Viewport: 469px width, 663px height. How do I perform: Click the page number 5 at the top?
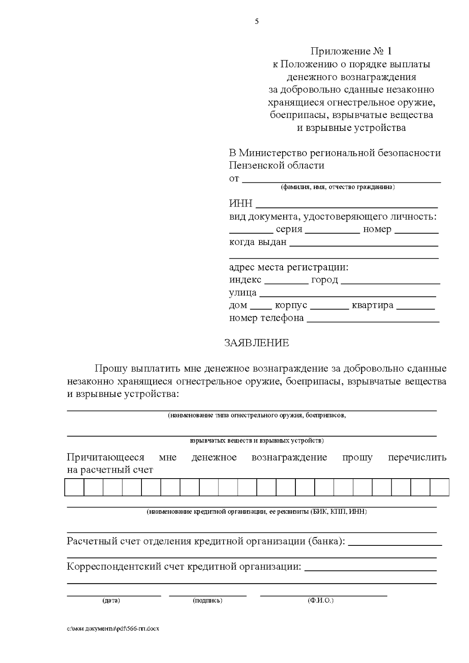click(x=257, y=22)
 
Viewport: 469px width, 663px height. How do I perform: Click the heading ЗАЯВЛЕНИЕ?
click(x=256, y=343)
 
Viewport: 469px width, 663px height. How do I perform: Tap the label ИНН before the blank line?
click(x=240, y=204)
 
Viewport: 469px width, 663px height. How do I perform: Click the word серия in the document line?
click(x=289, y=229)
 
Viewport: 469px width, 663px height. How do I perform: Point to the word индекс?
click(x=245, y=280)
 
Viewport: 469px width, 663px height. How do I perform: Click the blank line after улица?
click(x=347, y=295)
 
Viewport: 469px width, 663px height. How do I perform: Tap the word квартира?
click(x=372, y=305)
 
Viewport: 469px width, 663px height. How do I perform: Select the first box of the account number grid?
click(x=74, y=487)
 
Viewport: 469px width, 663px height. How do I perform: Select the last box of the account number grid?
click(x=439, y=487)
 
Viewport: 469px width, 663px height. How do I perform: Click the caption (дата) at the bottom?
click(x=111, y=600)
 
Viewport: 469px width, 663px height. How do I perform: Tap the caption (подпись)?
click(x=208, y=600)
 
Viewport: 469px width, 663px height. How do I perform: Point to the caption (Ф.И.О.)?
click(x=321, y=600)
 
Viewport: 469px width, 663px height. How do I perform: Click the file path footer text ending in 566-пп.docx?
click(x=113, y=629)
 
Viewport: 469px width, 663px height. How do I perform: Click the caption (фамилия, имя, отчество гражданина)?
click(x=338, y=187)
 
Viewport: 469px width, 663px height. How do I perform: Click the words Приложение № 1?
click(x=351, y=51)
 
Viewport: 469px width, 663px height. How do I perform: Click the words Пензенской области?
click(x=276, y=165)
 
